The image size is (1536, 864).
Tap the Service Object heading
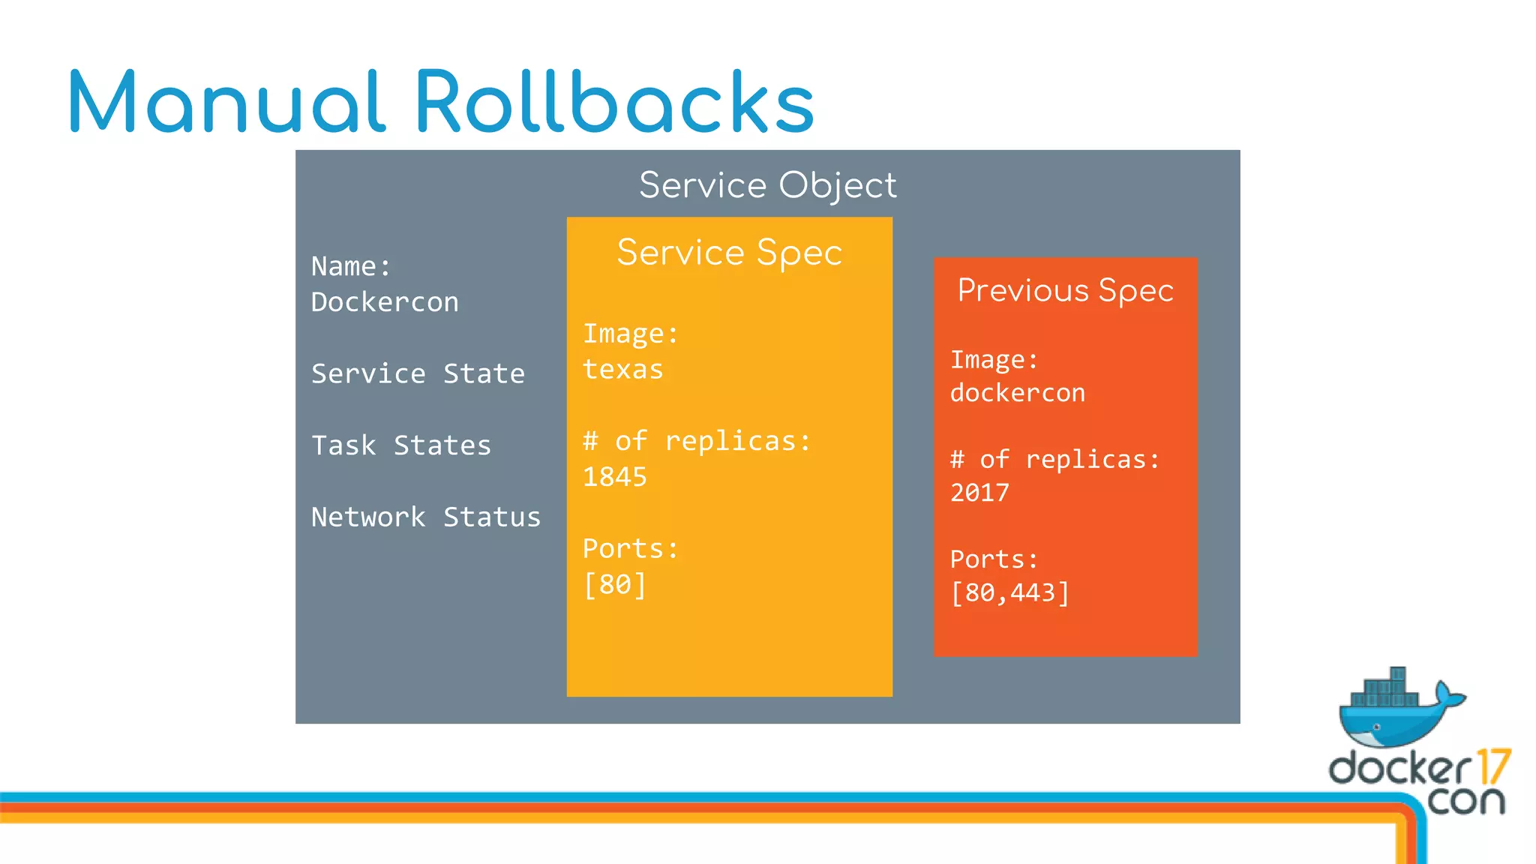click(x=767, y=185)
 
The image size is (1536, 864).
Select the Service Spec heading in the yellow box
click(x=729, y=253)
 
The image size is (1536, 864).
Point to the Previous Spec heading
click(x=1065, y=291)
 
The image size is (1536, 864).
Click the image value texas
click(x=622, y=370)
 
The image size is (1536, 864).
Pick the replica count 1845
click(x=614, y=477)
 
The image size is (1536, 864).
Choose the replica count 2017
click(x=979, y=493)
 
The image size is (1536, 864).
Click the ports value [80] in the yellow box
click(x=614, y=584)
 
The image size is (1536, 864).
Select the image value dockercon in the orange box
click(x=1017, y=393)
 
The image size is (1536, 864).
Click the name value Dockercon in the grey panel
click(x=385, y=302)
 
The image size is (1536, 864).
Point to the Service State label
click(x=418, y=373)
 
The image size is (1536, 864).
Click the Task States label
click(x=401, y=445)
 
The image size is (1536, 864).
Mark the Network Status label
click(x=425, y=517)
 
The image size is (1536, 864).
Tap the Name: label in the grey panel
click(x=351, y=266)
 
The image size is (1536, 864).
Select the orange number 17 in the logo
click(x=1492, y=766)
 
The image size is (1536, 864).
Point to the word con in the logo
click(x=1466, y=801)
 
